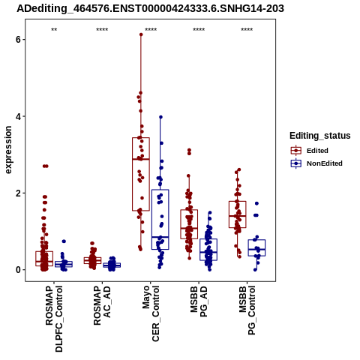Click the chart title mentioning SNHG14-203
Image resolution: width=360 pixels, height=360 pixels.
[150, 8]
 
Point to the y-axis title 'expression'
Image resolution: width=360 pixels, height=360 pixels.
[8, 150]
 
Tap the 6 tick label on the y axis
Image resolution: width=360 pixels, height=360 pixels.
[19, 40]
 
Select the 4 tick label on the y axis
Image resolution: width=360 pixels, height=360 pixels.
[19, 116]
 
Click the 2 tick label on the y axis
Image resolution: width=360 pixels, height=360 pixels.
[19, 193]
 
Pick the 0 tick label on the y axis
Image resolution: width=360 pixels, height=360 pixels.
[19, 270]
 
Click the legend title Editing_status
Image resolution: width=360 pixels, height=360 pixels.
[320, 136]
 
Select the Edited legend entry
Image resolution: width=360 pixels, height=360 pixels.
[317, 151]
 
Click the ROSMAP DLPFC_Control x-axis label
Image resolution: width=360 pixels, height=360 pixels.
[54, 319]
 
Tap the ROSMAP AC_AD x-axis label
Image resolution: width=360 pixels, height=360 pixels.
[102, 305]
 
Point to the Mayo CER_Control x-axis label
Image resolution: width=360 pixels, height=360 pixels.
[151, 313]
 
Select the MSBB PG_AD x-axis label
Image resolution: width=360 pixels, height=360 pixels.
[199, 301]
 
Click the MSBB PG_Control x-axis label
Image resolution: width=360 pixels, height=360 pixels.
[247, 310]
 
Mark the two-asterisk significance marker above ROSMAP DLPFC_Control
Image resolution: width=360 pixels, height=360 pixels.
[54, 30]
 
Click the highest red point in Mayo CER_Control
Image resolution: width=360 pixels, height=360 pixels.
[141, 34]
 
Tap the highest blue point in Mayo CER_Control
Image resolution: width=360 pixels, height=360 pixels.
[160, 117]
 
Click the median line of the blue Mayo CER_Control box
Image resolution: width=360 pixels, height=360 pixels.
[160, 237]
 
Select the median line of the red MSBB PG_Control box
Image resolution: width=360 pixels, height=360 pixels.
[238, 216]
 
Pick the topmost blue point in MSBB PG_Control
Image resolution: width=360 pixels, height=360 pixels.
[256, 203]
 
